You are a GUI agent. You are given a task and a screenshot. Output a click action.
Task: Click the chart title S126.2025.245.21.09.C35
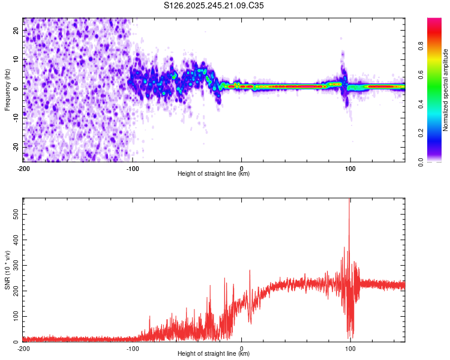click(x=214, y=6)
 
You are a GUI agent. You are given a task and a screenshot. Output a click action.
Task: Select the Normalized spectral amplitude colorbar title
click(x=445, y=91)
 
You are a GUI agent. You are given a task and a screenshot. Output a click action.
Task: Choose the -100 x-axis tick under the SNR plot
click(x=133, y=348)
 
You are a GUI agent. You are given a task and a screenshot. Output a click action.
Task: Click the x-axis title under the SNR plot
click(x=214, y=354)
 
